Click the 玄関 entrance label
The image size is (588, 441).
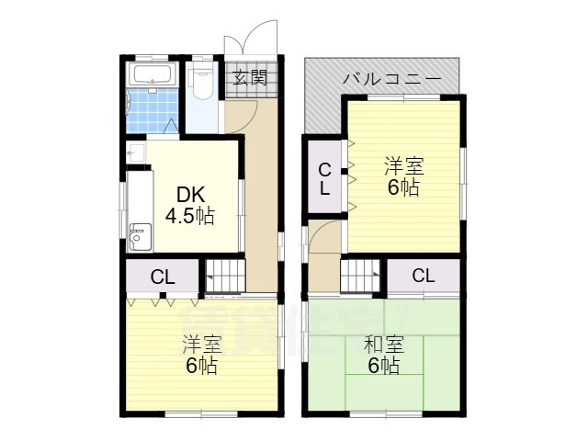click(x=249, y=77)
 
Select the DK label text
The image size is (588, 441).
click(x=189, y=196)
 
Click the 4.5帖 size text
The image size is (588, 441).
click(x=189, y=217)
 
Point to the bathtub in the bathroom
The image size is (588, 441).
click(x=153, y=74)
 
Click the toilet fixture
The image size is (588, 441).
click(x=202, y=81)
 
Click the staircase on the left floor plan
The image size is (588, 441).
click(x=224, y=274)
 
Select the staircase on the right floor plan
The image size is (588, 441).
click(x=362, y=274)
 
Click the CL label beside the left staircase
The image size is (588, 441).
click(x=163, y=275)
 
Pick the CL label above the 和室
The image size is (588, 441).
click(x=423, y=275)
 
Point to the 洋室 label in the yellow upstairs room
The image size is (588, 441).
click(x=403, y=166)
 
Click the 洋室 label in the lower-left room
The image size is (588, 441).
click(x=201, y=345)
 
